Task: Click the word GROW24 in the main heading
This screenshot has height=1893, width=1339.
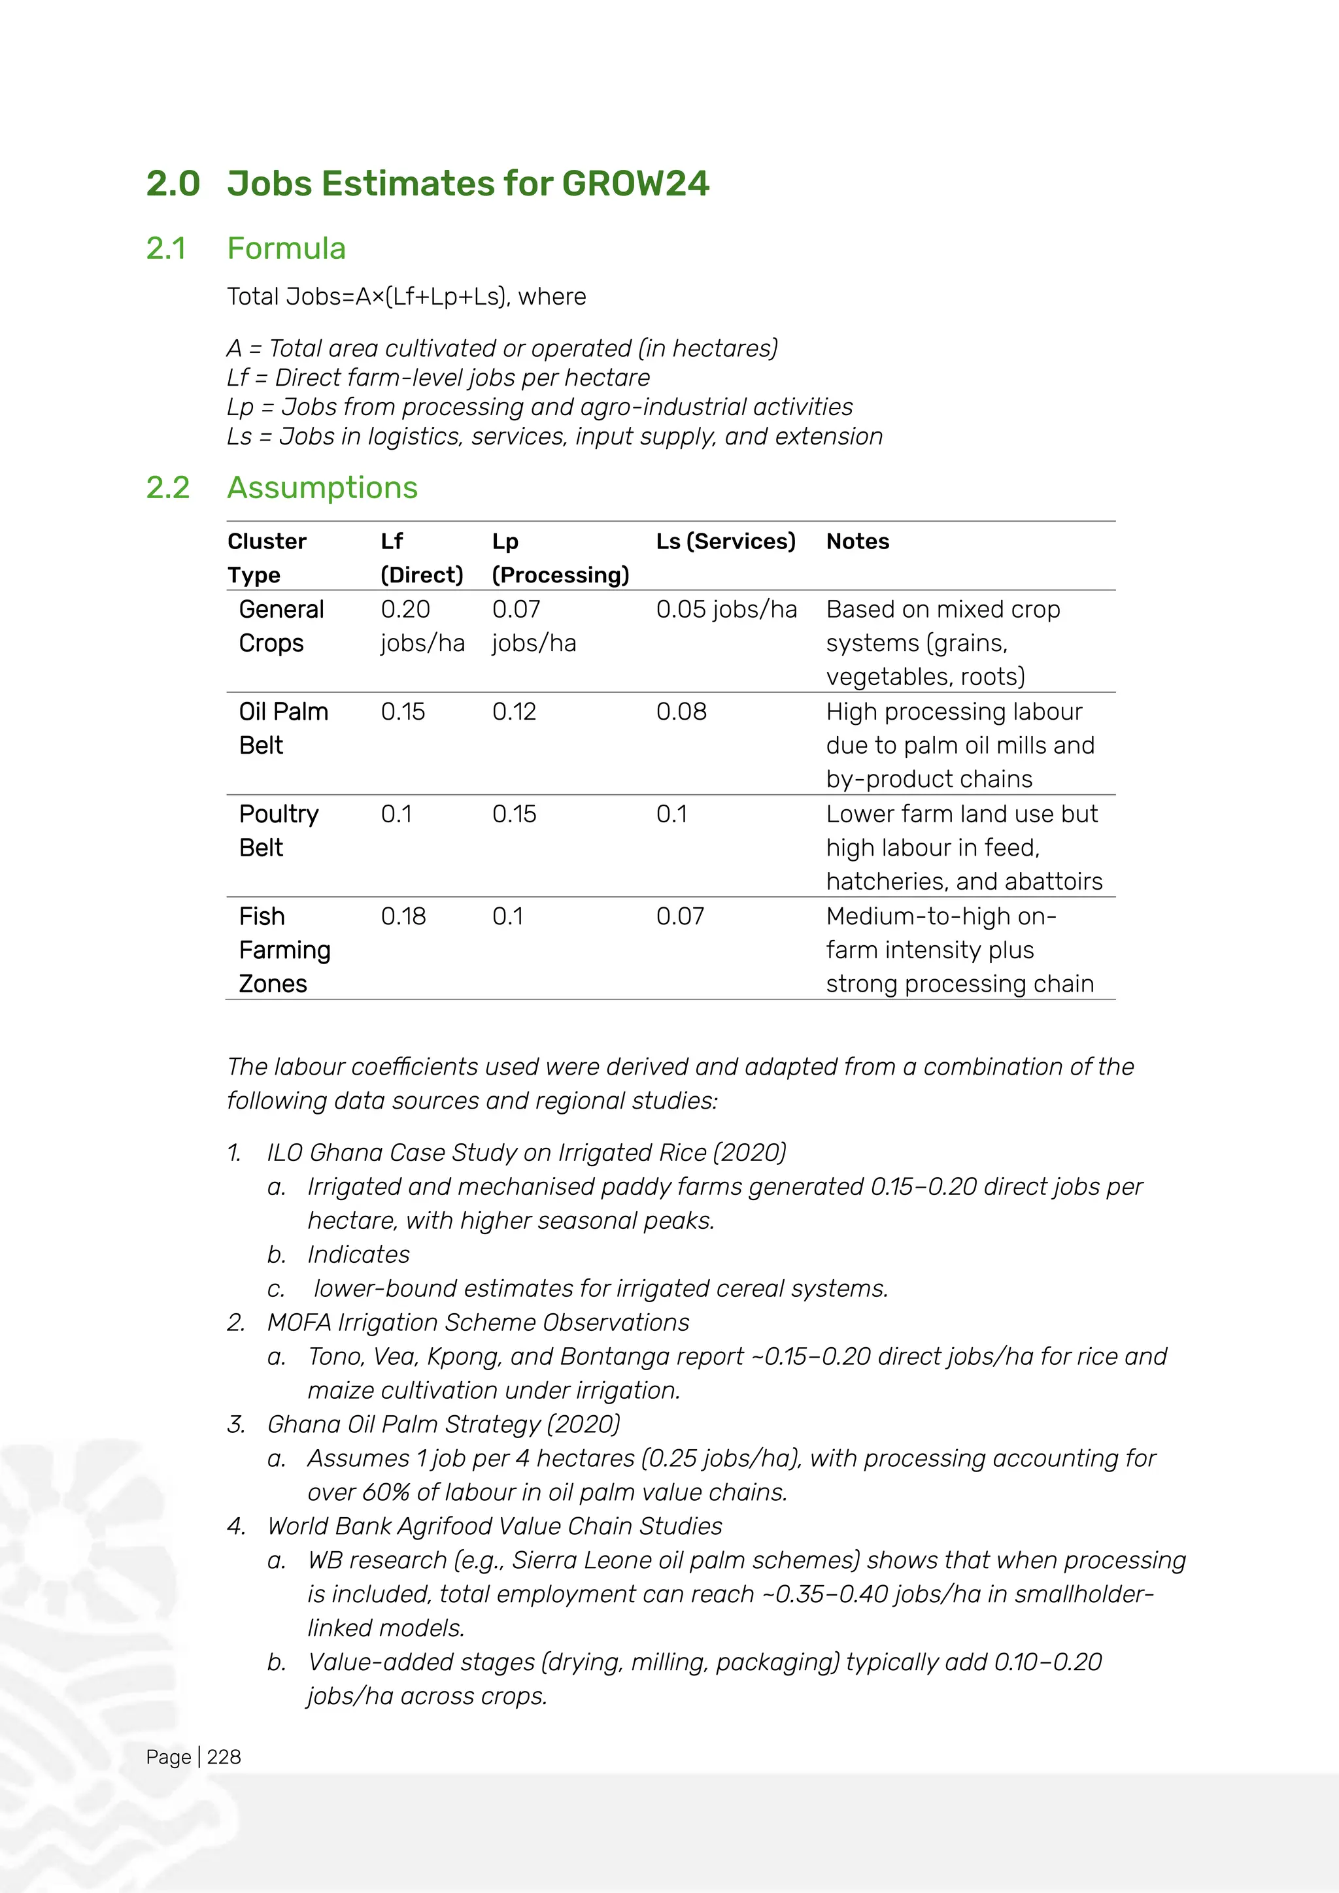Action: (x=635, y=183)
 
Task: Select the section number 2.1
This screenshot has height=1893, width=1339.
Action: (x=167, y=248)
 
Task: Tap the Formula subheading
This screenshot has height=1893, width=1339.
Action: (x=286, y=248)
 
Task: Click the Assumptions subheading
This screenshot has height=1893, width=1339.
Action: (x=322, y=487)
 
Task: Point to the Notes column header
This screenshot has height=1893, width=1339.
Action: (x=858, y=542)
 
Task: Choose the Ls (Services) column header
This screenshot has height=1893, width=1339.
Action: (x=726, y=542)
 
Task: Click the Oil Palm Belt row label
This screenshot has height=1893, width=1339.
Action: (x=283, y=728)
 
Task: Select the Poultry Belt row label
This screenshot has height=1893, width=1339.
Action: (x=278, y=830)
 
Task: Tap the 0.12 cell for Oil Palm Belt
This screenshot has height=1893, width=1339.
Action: (x=514, y=712)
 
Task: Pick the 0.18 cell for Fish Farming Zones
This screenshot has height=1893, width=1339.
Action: (x=403, y=916)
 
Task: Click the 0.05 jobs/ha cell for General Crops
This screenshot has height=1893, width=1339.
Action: (x=726, y=609)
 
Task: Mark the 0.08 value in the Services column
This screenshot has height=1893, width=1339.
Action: (x=681, y=712)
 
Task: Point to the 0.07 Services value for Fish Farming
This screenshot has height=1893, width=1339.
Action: (x=680, y=916)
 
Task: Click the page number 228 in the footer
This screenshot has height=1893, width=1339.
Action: (x=224, y=1757)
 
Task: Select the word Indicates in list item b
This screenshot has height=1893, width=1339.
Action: (x=359, y=1254)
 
